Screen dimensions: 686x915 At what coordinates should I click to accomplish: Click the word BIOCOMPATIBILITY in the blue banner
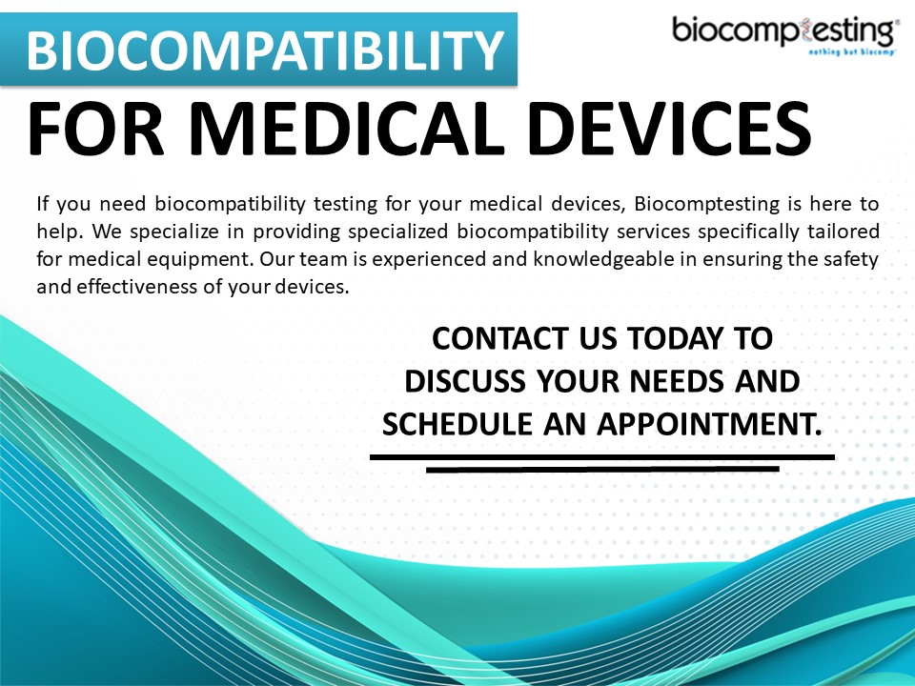tap(264, 50)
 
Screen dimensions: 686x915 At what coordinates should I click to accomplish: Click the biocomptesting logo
tap(784, 32)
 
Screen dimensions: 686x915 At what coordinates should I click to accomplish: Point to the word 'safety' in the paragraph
tap(851, 260)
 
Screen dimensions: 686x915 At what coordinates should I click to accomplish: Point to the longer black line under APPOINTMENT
tap(601, 457)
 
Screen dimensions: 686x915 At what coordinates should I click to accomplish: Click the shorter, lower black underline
tap(601, 469)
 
